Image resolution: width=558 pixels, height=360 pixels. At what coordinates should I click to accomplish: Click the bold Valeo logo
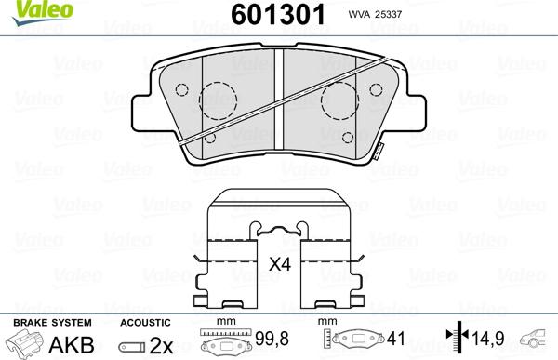click(x=28, y=10)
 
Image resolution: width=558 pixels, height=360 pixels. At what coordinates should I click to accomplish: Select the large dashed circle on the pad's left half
click(x=219, y=101)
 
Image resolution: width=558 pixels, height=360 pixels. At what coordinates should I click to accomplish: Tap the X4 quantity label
click(x=280, y=265)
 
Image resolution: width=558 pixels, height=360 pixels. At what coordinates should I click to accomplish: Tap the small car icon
click(x=537, y=339)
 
